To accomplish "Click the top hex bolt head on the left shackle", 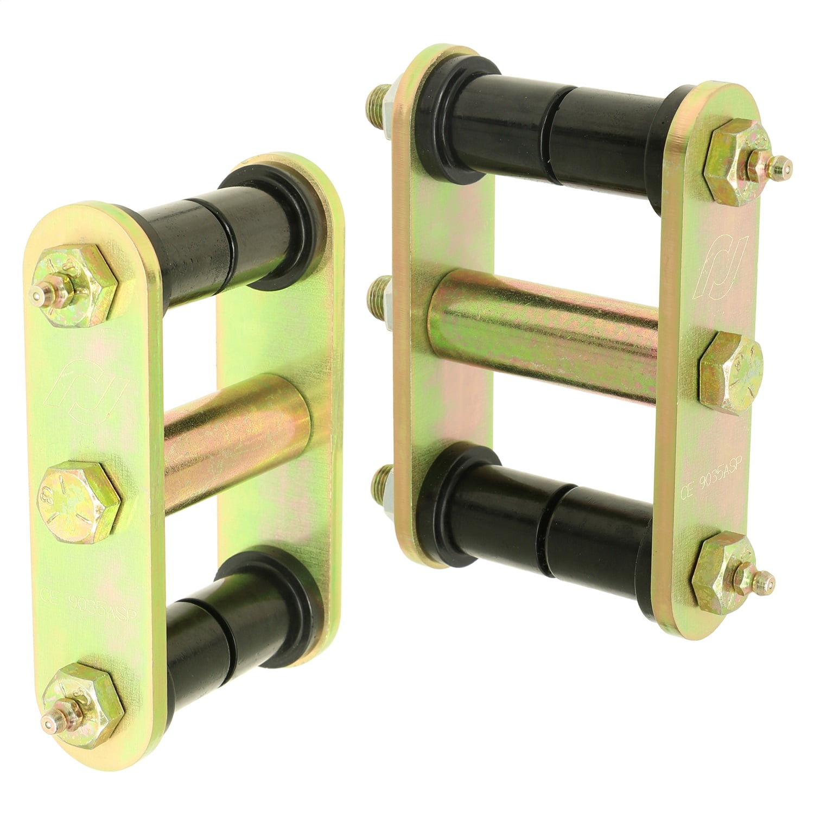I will (73, 285).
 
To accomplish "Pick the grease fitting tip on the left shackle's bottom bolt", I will (49, 724).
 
